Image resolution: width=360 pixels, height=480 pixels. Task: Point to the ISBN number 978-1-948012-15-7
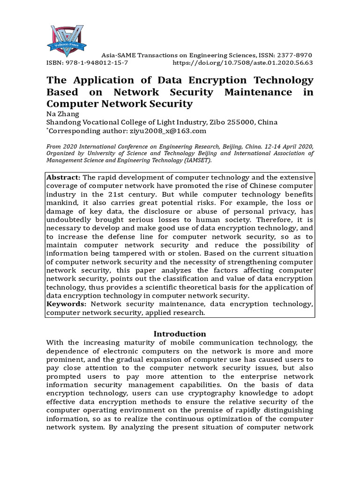tap(96, 62)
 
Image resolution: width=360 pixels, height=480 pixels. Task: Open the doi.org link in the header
tap(243, 62)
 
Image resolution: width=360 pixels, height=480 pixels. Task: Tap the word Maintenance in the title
tap(260, 92)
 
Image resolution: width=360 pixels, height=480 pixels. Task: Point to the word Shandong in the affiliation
tap(64, 122)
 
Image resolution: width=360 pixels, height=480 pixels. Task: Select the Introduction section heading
tap(180, 334)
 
